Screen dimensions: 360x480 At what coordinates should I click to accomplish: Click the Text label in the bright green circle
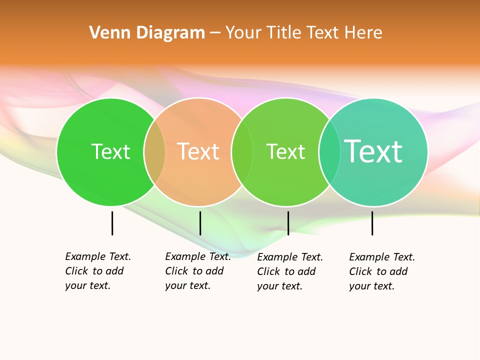coord(110,151)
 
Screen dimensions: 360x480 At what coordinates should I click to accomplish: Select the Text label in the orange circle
coord(198,151)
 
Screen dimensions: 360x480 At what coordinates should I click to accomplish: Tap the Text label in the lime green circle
coord(285,151)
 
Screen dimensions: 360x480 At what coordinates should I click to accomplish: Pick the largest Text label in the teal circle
coord(373,151)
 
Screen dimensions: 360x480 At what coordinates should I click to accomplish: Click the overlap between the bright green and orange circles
coord(154,152)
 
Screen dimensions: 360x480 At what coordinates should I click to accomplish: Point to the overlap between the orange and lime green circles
coord(242,152)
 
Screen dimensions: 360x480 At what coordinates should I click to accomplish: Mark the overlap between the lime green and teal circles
coord(329,152)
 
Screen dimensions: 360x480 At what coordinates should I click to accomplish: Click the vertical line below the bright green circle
coord(112,223)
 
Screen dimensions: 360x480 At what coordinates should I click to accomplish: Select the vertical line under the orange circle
coord(200,223)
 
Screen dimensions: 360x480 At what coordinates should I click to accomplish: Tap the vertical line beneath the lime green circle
coord(288,223)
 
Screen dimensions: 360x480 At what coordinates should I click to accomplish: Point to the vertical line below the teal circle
coord(372,223)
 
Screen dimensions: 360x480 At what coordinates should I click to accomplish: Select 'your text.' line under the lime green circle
coord(279,286)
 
